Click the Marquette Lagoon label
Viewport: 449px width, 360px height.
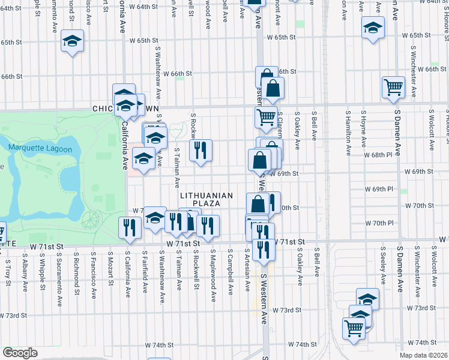coord(40,149)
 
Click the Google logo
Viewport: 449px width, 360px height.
coord(19,353)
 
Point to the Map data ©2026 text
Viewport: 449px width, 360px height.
coord(424,355)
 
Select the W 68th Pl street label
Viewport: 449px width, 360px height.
coord(379,155)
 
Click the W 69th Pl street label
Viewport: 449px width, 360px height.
coord(379,189)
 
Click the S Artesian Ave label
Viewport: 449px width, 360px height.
coord(247,272)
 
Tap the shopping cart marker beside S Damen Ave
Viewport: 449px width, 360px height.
coord(393,86)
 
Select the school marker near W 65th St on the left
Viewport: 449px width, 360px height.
coord(73,41)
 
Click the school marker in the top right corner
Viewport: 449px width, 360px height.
coord(373,28)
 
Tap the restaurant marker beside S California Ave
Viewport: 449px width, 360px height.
coord(130,227)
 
